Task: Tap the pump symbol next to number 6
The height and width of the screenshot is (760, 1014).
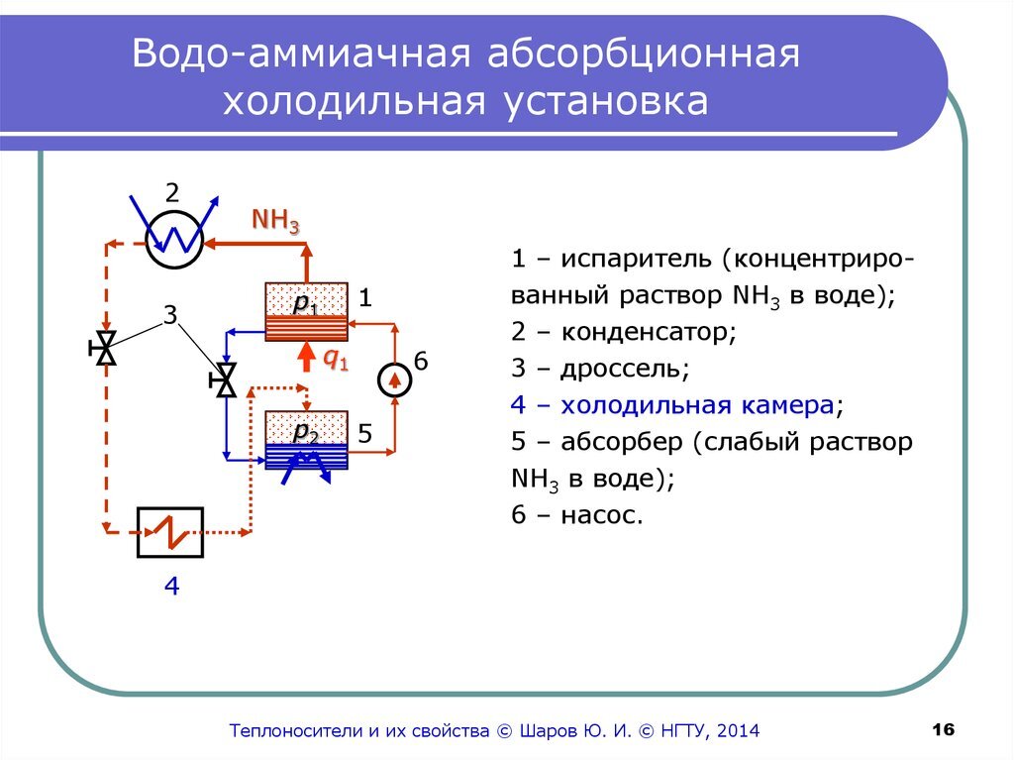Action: tap(394, 380)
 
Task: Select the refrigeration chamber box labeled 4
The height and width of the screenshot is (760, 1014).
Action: tap(170, 533)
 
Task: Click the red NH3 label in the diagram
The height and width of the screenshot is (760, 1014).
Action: tap(275, 220)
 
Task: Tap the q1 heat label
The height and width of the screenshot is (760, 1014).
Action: tap(337, 361)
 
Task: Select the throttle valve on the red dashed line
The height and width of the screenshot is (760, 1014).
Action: tap(104, 348)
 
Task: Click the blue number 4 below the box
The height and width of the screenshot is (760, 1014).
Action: tap(171, 588)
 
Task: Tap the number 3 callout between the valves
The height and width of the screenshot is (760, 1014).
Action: tap(169, 316)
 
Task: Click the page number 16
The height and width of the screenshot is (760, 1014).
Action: tap(943, 730)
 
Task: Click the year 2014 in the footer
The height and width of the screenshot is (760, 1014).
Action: tap(735, 731)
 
